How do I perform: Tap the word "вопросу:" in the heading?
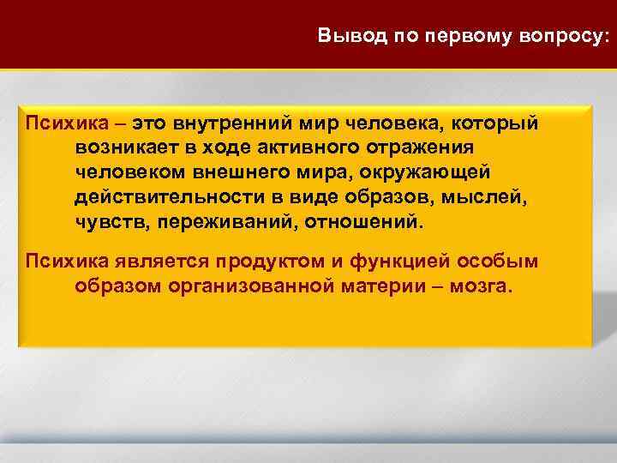(x=563, y=37)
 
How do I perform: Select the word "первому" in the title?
(x=458, y=37)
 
